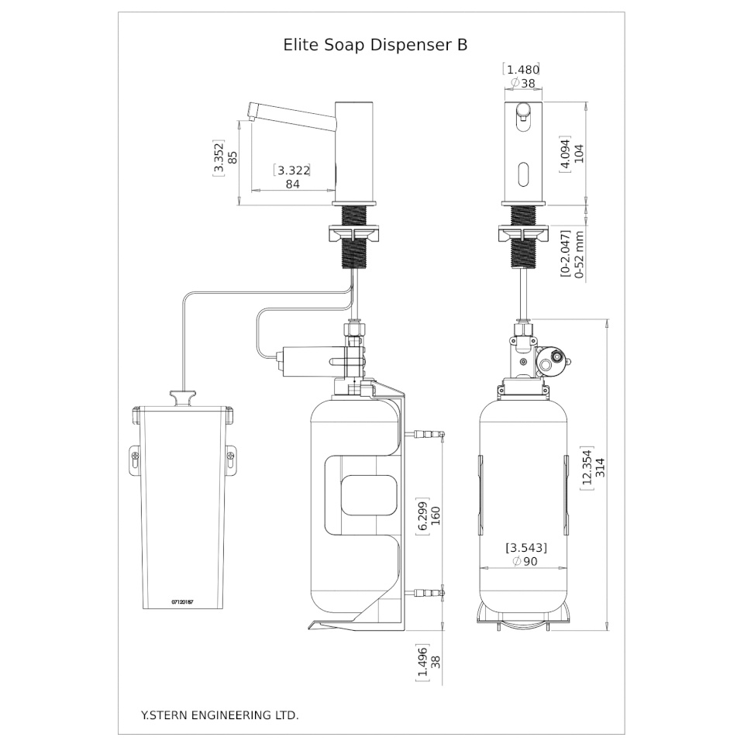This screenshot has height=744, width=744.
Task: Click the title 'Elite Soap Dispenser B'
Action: click(376, 45)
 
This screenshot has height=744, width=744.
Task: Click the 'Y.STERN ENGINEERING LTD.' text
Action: click(219, 715)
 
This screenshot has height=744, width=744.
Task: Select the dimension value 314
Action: click(599, 467)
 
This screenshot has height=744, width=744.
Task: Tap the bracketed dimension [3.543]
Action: click(526, 548)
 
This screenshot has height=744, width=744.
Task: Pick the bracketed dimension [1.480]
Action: click(522, 69)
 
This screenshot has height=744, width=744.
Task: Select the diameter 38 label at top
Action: click(523, 83)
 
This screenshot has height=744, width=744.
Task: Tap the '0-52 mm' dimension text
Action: click(578, 253)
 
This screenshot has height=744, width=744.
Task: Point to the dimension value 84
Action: click(293, 184)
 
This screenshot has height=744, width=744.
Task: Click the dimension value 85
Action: click(232, 157)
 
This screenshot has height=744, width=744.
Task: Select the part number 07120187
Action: click(182, 601)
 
